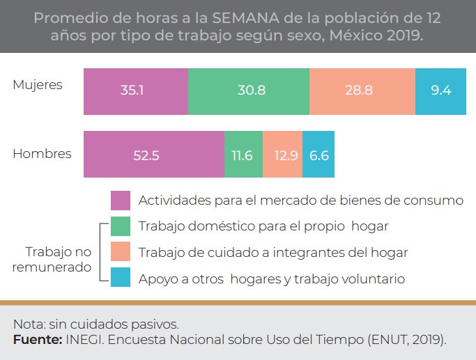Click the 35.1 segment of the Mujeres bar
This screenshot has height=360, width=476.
(135, 91)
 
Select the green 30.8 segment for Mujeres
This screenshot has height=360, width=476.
(248, 91)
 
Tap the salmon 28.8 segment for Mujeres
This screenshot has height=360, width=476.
(362, 91)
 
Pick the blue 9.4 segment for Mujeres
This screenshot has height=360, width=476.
(440, 91)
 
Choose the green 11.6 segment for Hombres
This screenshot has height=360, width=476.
(243, 155)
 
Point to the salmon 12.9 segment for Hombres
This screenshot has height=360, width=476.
(282, 155)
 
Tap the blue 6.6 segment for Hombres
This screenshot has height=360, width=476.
(318, 155)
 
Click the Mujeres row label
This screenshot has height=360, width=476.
(38, 85)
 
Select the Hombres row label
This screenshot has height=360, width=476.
(42, 154)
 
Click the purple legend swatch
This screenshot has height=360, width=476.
(121, 201)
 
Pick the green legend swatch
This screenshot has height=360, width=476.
(121, 226)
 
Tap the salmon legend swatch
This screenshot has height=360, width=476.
(121, 251)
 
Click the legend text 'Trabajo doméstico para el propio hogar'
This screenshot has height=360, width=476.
(263, 226)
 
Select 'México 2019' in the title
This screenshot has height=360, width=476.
(379, 35)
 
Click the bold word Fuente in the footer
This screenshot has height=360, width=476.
(37, 339)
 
